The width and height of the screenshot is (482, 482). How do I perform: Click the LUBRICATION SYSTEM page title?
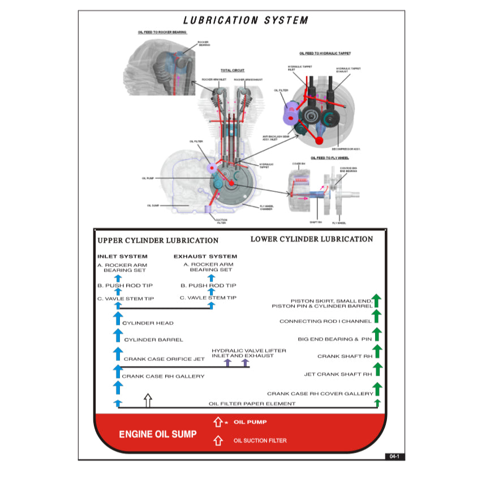tap(246, 20)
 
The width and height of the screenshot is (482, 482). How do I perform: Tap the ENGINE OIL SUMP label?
tap(158, 434)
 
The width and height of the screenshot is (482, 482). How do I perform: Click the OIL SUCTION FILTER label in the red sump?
tap(260, 441)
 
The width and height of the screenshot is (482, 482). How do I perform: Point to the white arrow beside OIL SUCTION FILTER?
tap(218, 440)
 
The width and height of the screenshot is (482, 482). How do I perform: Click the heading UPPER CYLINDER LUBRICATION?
tap(158, 240)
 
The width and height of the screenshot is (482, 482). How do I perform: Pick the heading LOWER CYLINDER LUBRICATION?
tap(312, 239)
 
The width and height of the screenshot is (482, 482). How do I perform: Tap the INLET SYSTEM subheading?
tap(122, 256)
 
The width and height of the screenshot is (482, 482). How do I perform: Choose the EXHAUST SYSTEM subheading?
tap(205, 256)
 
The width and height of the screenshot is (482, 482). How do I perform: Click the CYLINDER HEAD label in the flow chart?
tap(148, 323)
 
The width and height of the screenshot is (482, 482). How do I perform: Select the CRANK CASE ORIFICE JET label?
tap(164, 359)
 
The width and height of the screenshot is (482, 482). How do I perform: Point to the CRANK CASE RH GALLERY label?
tap(163, 376)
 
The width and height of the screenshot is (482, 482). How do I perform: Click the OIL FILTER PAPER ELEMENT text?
tap(252, 403)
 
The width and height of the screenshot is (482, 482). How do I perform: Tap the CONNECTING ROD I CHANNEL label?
tap(325, 321)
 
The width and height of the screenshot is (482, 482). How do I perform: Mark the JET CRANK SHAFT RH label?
tap(338, 374)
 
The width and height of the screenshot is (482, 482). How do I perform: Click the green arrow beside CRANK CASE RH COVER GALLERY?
tap(378, 389)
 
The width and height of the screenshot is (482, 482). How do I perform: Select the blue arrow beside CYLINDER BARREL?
tap(118, 336)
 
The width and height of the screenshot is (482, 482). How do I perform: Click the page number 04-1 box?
tap(394, 456)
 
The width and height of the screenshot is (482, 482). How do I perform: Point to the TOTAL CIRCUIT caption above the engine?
tap(233, 70)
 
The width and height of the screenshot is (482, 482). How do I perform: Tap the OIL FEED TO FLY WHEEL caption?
tap(330, 158)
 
